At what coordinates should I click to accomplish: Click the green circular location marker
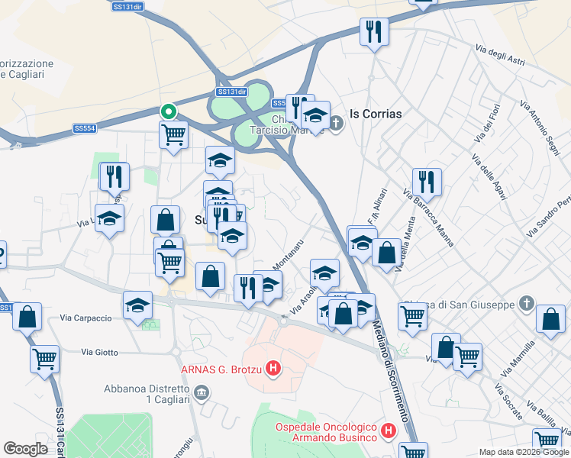pos(169,111)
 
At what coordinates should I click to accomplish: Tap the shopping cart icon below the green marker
pos(174,135)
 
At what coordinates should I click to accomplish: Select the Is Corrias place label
pos(376,113)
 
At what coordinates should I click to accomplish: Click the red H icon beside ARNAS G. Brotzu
pos(274,370)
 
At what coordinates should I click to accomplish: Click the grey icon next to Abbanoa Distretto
pos(202,393)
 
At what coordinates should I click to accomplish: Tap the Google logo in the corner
pos(25,449)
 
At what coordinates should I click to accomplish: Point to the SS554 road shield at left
pos(85,128)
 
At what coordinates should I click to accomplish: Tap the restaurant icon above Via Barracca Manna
pos(427,182)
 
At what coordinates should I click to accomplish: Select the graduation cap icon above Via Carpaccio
pos(138,306)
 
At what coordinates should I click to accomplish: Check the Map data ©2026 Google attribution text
pos(524,452)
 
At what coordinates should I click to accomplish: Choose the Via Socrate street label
pos(508,402)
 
